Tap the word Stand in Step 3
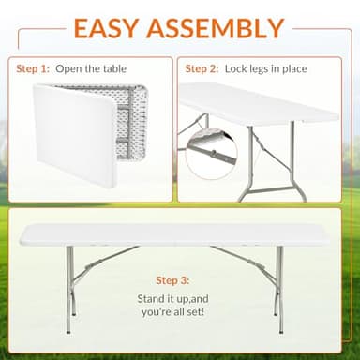tap(147, 299)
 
